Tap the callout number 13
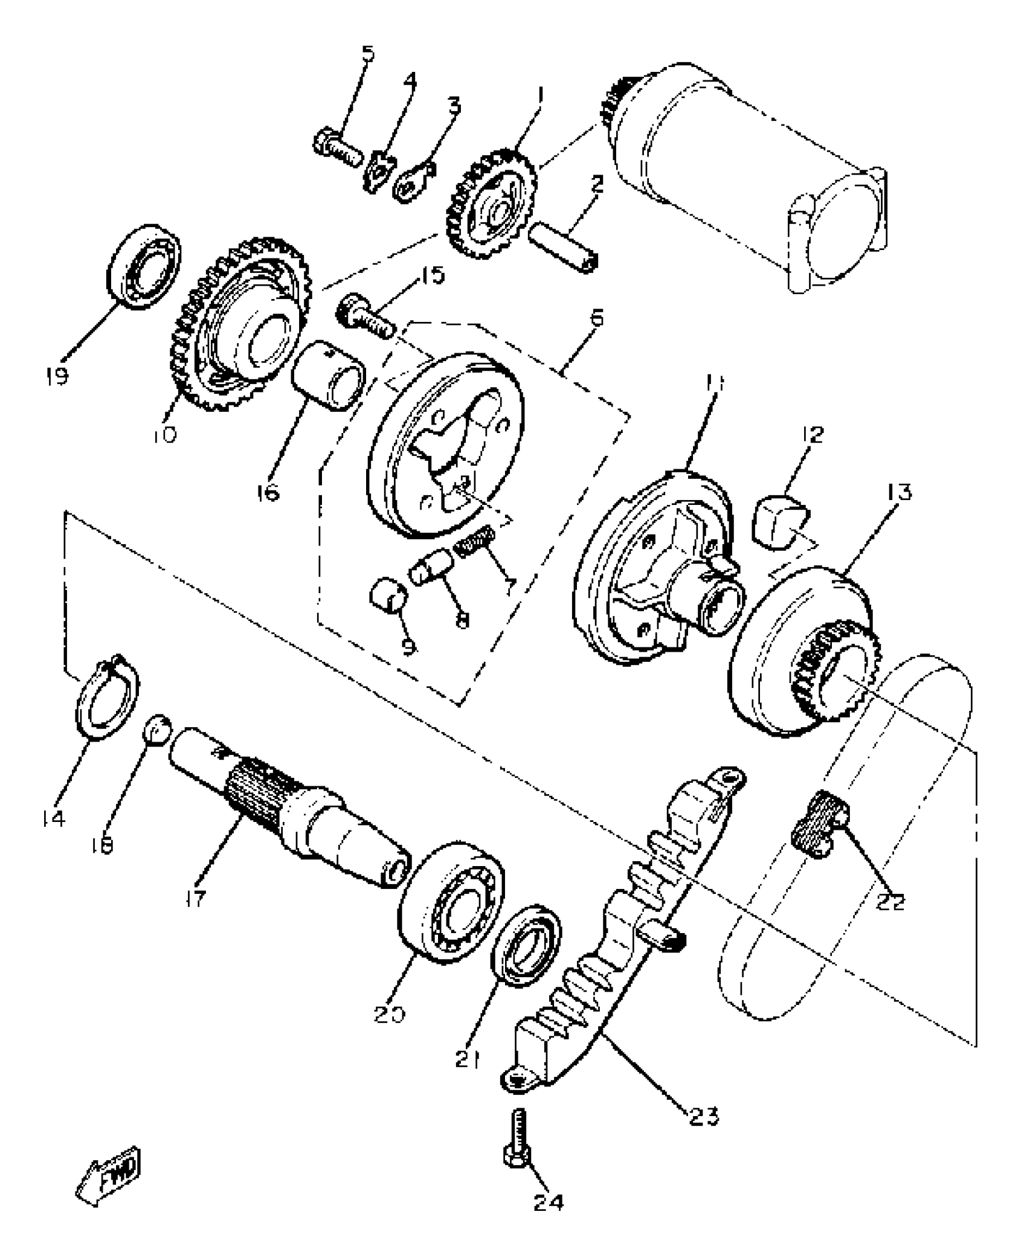coord(899,492)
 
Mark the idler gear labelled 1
coord(491,205)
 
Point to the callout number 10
coord(164,434)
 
